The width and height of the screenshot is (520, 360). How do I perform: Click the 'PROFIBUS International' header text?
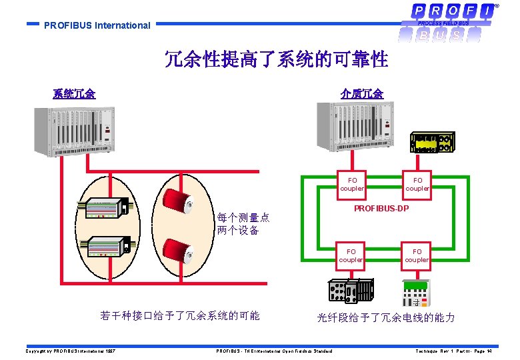click(97, 25)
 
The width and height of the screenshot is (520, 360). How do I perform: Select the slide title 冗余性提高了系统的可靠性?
click(276, 60)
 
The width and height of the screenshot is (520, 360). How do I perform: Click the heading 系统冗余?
click(74, 94)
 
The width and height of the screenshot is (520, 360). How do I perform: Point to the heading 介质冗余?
click(361, 94)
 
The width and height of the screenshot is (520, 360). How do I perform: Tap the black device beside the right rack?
click(433, 143)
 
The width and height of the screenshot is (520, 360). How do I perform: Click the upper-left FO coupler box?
click(351, 184)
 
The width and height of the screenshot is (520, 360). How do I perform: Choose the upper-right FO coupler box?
click(417, 184)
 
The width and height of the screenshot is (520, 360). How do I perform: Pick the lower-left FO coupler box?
click(351, 255)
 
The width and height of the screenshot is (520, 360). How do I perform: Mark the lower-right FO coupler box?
click(417, 255)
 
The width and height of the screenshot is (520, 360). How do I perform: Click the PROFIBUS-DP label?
click(381, 209)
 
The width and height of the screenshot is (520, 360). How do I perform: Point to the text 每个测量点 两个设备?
click(243, 224)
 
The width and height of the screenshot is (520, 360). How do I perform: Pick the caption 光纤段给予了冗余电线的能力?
click(385, 318)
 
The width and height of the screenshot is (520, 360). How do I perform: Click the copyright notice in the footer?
click(71, 351)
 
